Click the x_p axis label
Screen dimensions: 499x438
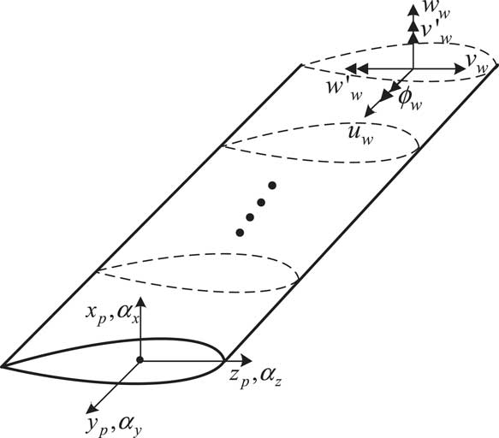[x=96, y=315]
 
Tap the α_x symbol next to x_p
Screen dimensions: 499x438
[x=128, y=316]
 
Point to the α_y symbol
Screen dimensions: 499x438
[x=130, y=426]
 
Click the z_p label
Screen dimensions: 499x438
[x=239, y=377]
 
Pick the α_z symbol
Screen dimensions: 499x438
[x=270, y=377]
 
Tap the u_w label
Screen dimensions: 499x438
[x=360, y=134]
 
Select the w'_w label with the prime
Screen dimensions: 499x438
[x=345, y=89]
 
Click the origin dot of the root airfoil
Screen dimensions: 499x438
[x=140, y=360]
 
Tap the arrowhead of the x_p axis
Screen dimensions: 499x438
[x=140, y=303]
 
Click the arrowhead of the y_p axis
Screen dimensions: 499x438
[x=92, y=408]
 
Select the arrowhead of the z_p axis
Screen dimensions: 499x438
[x=247, y=360]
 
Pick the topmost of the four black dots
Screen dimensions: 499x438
[x=272, y=185]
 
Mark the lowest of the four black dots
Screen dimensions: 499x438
[x=240, y=233]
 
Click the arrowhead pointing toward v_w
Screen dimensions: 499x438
[x=460, y=68]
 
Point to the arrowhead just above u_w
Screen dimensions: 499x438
[x=369, y=111]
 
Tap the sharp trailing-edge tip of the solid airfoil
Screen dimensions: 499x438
[x=2, y=366]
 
